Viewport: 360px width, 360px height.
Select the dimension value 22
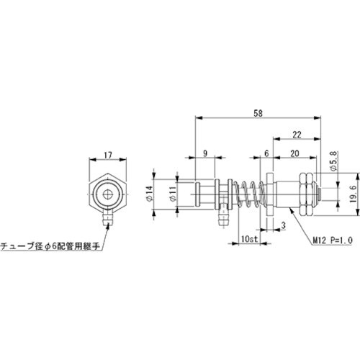point(296,134)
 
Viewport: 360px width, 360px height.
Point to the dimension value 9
point(206,153)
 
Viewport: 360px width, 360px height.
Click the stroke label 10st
point(248,238)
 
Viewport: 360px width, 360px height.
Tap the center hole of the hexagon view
point(107,194)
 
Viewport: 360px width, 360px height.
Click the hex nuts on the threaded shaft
point(305,194)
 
